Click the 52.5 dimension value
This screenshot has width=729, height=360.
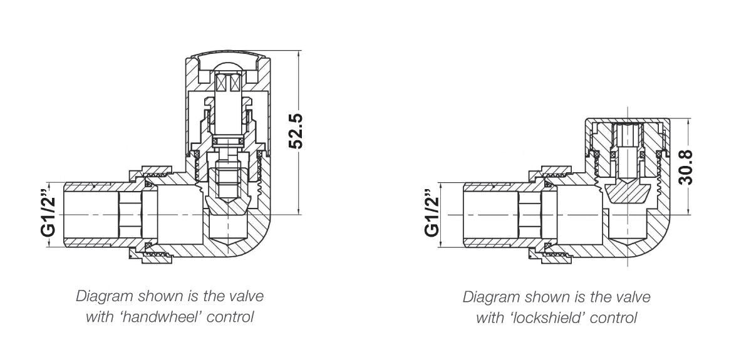coord(296,130)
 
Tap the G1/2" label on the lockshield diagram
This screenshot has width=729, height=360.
coord(432,213)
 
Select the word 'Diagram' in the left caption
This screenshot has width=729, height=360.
coord(101,296)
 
